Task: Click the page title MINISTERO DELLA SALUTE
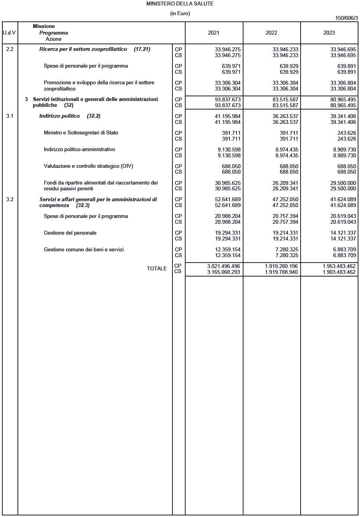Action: (x=180, y=3)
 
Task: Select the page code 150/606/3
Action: (x=346, y=18)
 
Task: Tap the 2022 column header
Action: (x=271, y=33)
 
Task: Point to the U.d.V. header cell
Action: (x=10, y=33)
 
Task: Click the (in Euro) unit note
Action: (x=180, y=14)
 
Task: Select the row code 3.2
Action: (x=10, y=200)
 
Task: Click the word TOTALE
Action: (x=157, y=269)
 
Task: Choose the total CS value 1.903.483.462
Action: (x=339, y=272)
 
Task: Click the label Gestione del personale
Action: (x=70, y=233)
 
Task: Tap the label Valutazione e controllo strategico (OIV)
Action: (x=88, y=166)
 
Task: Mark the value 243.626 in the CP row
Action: (x=346, y=133)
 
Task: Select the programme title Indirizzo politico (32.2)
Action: (x=70, y=116)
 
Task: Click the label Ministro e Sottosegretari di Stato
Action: (x=81, y=133)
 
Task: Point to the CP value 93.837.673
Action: (x=228, y=99)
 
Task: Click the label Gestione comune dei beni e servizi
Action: (x=83, y=250)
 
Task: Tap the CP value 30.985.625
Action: (x=228, y=183)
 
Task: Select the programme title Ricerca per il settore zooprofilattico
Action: (x=94, y=49)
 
